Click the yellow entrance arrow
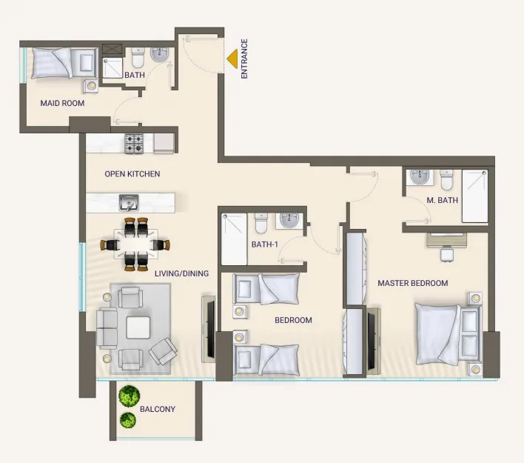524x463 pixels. pos(232,59)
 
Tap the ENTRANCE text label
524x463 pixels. pos(244,59)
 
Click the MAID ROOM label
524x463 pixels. pos(62,103)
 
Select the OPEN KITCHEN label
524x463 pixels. pos(132,174)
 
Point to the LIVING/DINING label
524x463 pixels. pos(182,273)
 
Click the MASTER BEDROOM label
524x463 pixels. pos(413,283)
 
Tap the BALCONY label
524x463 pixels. pos(158,409)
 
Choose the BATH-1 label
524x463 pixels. pos(265,244)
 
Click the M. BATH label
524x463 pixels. pos(442,201)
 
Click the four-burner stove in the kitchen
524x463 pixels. pos(134,144)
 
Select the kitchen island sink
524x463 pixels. pos(129,203)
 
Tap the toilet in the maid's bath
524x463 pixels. pos(138,57)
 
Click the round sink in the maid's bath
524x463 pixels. pos(160,55)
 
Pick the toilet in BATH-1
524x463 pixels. pos(261,223)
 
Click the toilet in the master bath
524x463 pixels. pos(446,180)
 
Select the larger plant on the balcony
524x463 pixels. pos(129,395)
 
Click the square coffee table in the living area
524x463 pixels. pos(138,327)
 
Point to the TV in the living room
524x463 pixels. pos(210,329)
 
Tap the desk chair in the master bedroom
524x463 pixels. pos(446,255)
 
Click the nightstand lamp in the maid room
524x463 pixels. pos(91,87)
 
